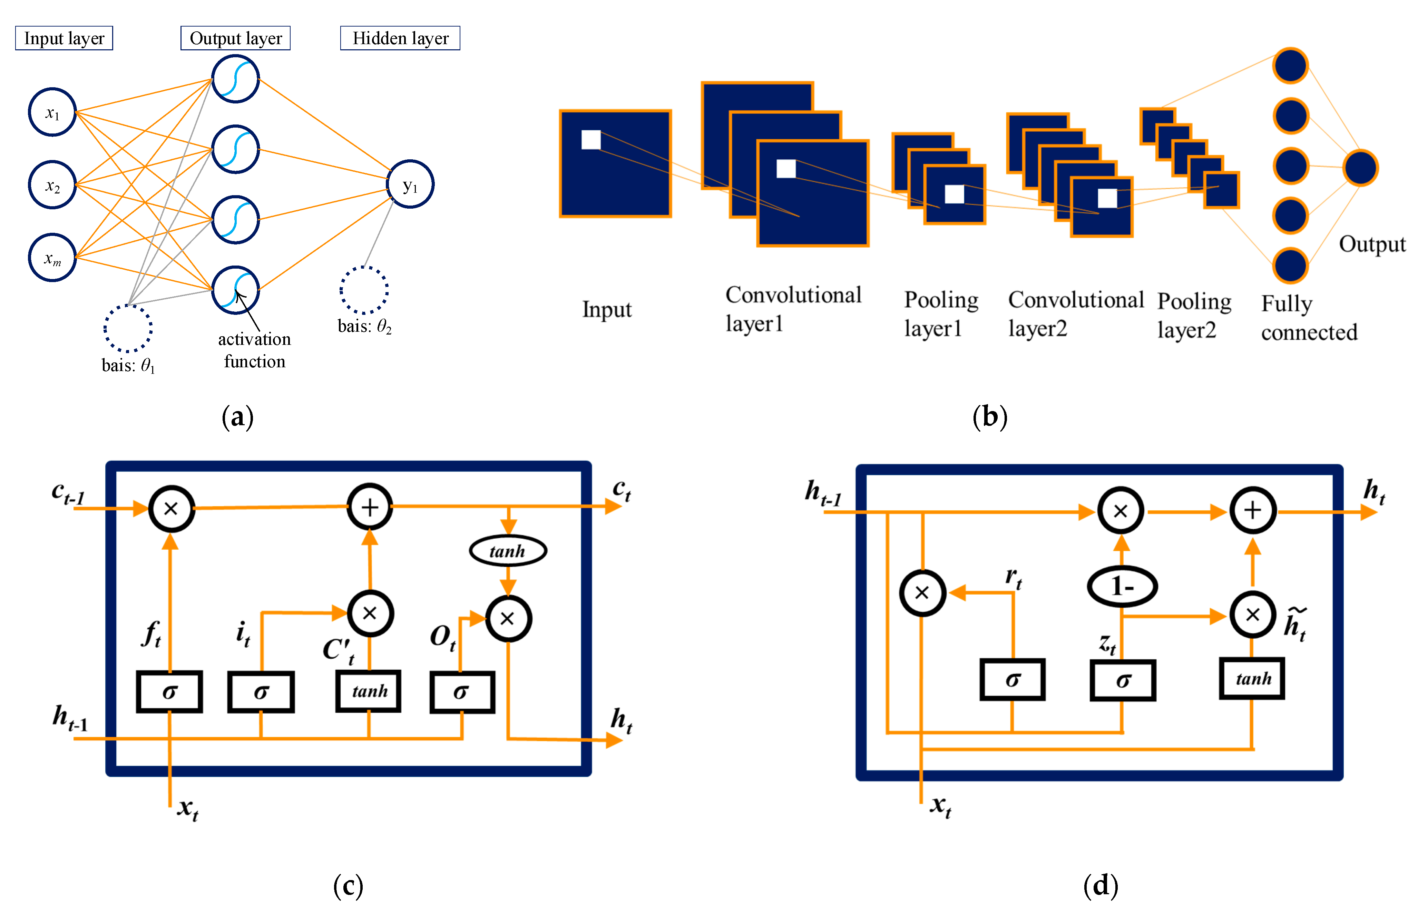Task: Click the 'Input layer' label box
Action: coord(64,38)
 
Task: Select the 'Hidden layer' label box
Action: coord(400,38)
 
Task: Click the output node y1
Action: coord(410,184)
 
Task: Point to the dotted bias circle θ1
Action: coord(128,328)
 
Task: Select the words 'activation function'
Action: coord(254,350)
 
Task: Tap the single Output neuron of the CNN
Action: coord(1360,168)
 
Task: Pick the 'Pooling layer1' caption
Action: coord(940,314)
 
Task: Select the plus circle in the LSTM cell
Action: coord(370,507)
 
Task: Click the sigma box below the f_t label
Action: coord(169,692)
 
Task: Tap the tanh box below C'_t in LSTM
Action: coord(369,691)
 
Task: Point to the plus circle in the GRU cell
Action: coord(1253,511)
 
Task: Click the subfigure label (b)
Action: coord(989,417)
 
